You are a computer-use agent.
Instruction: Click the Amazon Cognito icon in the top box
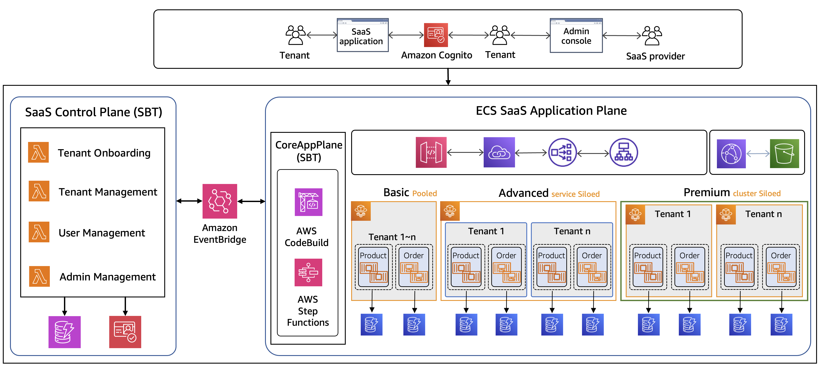click(x=436, y=35)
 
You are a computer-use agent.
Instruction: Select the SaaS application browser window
click(x=362, y=35)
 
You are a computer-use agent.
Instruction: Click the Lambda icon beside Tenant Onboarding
click(x=38, y=152)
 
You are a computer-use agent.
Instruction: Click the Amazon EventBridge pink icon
click(x=220, y=201)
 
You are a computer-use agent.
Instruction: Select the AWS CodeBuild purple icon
click(x=308, y=202)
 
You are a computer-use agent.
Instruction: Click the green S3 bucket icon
click(x=784, y=153)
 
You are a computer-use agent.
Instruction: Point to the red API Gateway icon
click(x=431, y=152)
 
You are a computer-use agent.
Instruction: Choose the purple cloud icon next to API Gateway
click(x=499, y=152)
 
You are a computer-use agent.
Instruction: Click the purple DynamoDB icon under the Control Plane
click(x=64, y=332)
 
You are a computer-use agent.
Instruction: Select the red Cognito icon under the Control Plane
click(x=125, y=332)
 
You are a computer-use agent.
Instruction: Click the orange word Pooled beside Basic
click(x=424, y=194)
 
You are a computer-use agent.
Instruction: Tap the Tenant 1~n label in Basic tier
click(x=392, y=237)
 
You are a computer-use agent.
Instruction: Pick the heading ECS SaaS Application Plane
click(x=551, y=111)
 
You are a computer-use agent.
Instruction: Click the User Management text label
click(x=101, y=233)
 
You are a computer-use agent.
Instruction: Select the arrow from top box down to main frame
click(x=448, y=77)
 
